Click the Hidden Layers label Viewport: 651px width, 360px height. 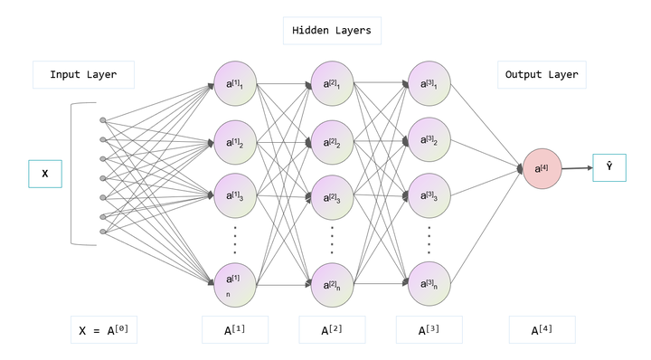tap(331, 31)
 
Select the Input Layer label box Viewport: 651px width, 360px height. tap(83, 75)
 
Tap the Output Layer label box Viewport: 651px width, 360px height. tap(542, 75)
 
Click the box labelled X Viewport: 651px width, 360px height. tap(44, 174)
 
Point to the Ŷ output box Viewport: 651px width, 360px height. tap(609, 167)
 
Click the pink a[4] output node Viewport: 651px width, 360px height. tap(542, 169)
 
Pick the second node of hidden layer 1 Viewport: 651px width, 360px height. tap(235, 142)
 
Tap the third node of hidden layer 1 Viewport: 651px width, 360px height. tap(235, 195)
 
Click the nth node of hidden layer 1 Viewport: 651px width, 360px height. tap(235, 283)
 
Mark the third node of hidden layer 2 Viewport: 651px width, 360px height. tap(333, 195)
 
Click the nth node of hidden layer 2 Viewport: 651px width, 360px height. tap(333, 283)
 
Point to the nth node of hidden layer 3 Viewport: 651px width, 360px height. tap(429, 283)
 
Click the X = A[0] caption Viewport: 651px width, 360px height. tap(104, 330)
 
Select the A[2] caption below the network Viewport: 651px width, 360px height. tap(331, 330)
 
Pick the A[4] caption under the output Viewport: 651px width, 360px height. tap(542, 330)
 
